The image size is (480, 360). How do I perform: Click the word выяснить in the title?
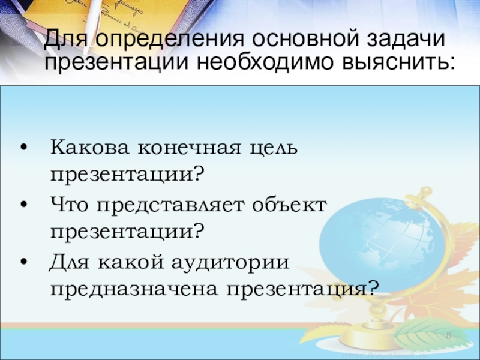tap(397, 62)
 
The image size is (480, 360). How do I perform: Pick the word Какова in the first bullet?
tap(89, 147)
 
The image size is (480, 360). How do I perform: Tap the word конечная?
tap(190, 148)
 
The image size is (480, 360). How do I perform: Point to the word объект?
tap(290, 205)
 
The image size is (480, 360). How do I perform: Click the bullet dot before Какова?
tap(24, 148)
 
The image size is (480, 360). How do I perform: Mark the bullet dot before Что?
tap(24, 205)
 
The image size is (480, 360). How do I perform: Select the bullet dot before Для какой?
tap(24, 262)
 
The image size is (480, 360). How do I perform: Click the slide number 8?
tap(448, 335)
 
